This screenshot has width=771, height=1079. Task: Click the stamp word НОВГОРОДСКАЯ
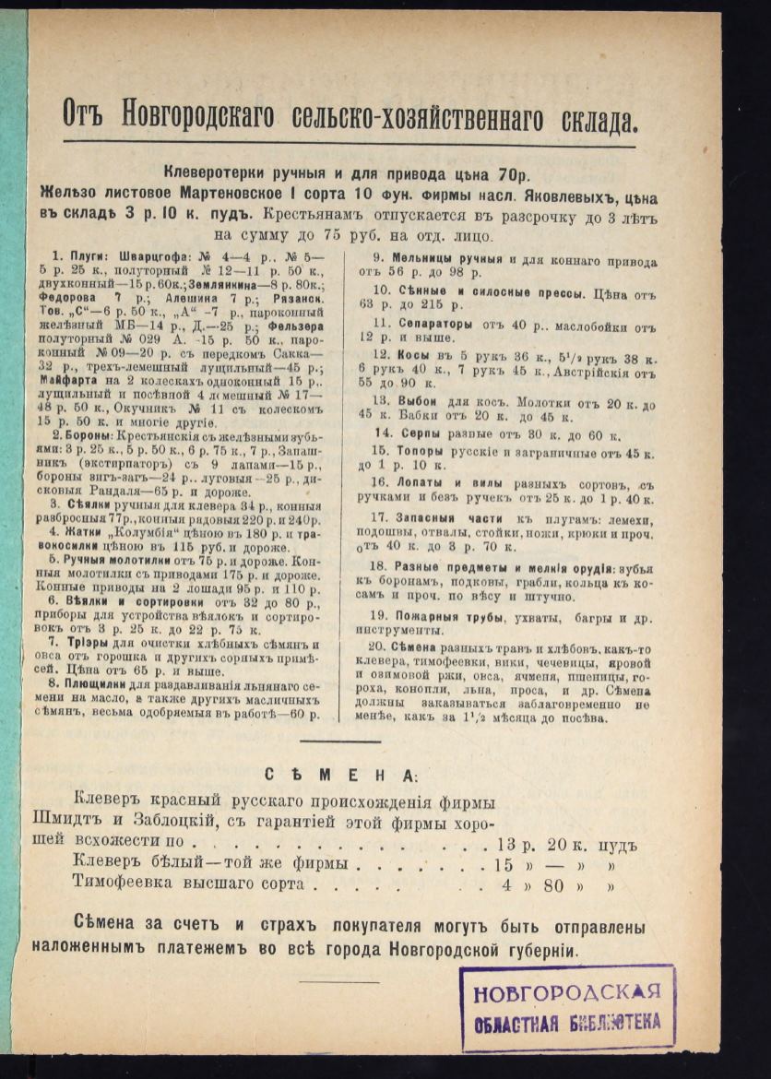point(567,993)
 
